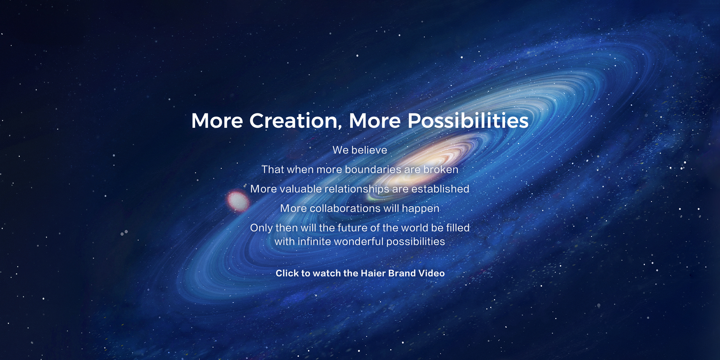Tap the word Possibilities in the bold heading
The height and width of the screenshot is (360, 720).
[468, 121]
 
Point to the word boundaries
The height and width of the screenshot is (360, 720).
[373, 170]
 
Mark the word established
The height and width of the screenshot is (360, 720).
[440, 189]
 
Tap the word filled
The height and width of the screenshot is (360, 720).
[458, 228]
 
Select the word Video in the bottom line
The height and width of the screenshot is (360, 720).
[431, 273]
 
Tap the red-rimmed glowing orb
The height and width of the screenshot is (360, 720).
[238, 201]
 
